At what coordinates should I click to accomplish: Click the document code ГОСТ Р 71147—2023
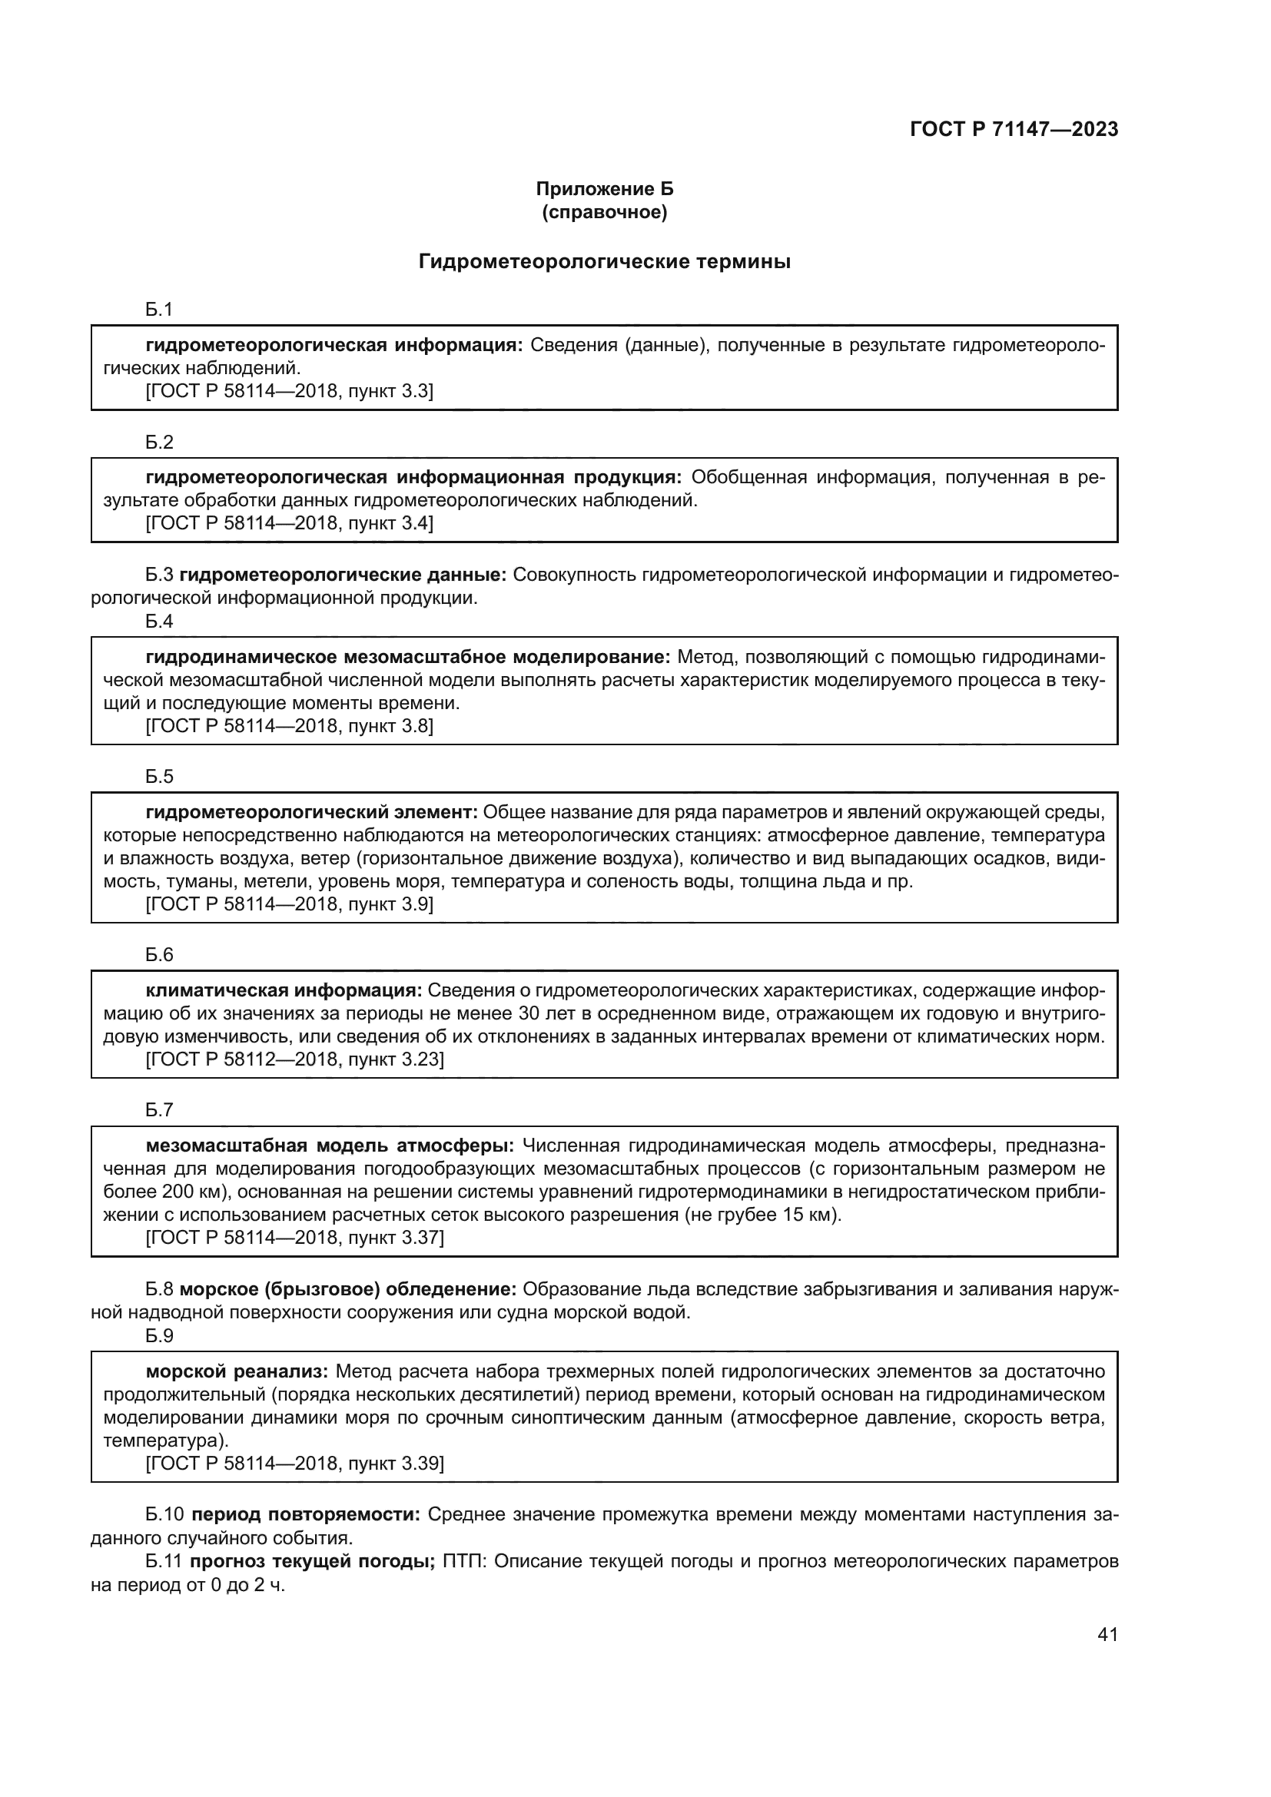[x=1014, y=130]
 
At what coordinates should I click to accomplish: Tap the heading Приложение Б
[x=604, y=189]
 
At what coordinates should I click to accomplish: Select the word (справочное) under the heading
[x=604, y=212]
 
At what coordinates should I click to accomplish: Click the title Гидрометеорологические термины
[x=604, y=261]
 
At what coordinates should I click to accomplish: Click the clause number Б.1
[x=159, y=310]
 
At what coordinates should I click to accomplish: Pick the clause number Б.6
[x=159, y=955]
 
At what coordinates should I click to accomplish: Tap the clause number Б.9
[x=159, y=1335]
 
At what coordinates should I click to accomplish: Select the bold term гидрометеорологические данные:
[x=343, y=575]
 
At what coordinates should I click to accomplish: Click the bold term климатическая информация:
[x=284, y=991]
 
